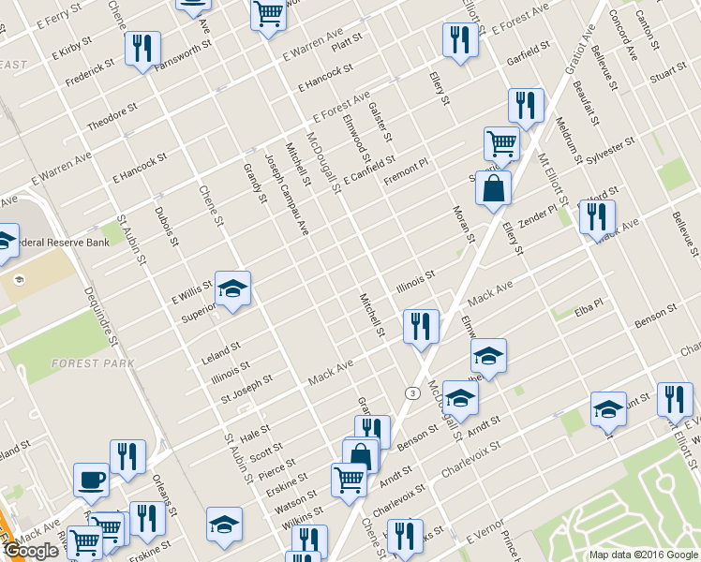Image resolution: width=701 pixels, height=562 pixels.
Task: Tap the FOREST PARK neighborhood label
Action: (94, 363)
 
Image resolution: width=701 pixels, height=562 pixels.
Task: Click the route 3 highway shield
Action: (411, 392)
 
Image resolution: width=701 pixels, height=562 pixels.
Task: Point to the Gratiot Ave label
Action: (587, 42)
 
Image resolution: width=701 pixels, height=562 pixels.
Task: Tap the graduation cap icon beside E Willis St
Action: (233, 288)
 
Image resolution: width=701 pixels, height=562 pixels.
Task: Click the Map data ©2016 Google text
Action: (643, 555)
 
